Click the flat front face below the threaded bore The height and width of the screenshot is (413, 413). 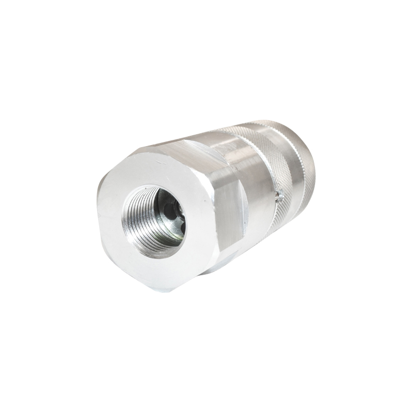pos(155,268)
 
